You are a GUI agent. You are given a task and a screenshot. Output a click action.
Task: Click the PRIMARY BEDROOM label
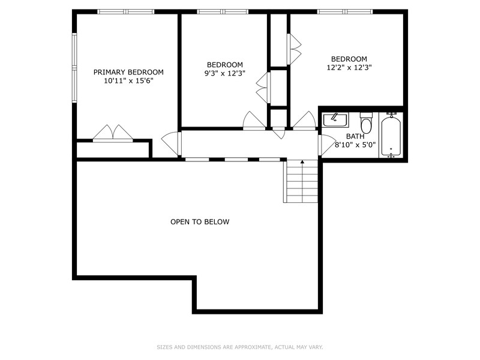point(128,72)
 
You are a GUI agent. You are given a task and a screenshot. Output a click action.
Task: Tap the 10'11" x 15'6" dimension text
point(128,81)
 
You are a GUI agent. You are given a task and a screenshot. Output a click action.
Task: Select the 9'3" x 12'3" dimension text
point(224,73)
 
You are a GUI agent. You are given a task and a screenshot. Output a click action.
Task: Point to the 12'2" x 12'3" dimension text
point(349,67)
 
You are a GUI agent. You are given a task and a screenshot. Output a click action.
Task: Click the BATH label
point(355,137)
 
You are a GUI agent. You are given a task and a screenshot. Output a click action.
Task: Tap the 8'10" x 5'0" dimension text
point(355,145)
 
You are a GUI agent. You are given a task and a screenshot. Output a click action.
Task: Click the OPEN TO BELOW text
point(200,222)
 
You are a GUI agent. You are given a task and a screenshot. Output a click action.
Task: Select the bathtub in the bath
point(391,136)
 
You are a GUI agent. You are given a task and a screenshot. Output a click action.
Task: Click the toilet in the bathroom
point(366,122)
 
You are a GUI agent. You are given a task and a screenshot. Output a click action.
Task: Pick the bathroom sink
point(335,120)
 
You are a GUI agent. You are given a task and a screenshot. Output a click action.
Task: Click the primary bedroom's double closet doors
point(113,133)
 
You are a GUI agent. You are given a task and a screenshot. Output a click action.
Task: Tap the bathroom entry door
point(326,145)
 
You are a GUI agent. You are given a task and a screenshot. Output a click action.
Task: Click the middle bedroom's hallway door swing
point(254,121)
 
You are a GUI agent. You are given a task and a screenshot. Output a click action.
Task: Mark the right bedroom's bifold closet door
point(293,49)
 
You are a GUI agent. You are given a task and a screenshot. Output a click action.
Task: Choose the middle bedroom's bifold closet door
point(263,88)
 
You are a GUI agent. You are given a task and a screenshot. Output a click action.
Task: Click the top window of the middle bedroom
point(223,11)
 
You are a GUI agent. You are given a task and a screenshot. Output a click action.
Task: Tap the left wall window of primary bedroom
point(74,67)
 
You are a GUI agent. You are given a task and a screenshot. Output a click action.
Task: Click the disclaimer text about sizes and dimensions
point(239,347)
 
